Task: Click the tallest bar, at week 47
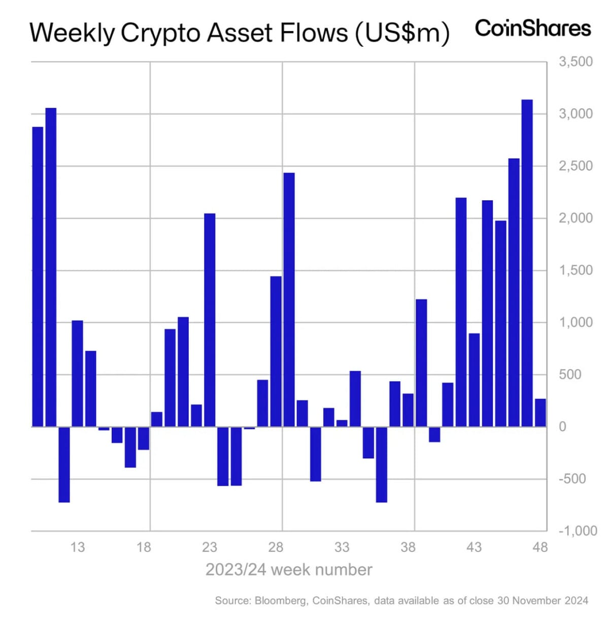[x=527, y=263]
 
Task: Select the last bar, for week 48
[x=540, y=413]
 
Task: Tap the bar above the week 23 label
[x=210, y=320]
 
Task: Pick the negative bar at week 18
[x=144, y=438]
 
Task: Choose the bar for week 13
[x=77, y=373]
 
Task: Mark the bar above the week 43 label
[x=474, y=380]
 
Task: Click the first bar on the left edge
[x=38, y=276]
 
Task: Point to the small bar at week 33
[x=342, y=423]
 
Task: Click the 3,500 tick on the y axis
[x=576, y=62]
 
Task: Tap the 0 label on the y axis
[x=562, y=427]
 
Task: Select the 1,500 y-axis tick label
[x=576, y=270]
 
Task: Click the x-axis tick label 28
[x=276, y=547]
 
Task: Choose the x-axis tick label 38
[x=408, y=547]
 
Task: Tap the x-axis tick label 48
[x=540, y=547]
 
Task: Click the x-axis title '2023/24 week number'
[x=289, y=570]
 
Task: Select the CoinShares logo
[x=532, y=28]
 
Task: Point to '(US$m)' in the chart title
[x=402, y=33]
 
